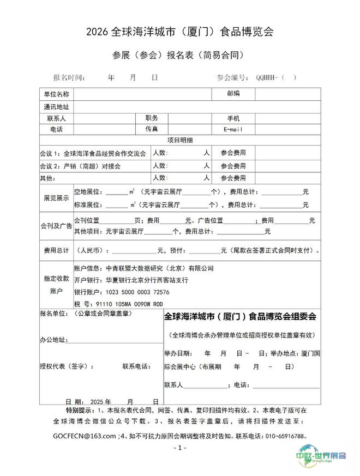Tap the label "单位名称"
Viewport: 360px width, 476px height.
pyautogui.click(x=56, y=94)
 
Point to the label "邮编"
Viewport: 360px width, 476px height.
pyautogui.click(x=233, y=94)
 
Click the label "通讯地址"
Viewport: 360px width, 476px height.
pyautogui.click(x=56, y=107)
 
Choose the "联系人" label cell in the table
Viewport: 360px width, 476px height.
pyautogui.click(x=56, y=118)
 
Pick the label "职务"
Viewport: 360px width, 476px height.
pyautogui.click(x=152, y=118)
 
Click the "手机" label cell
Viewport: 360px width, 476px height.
pyautogui.click(x=233, y=118)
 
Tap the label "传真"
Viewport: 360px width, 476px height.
pyautogui.click(x=152, y=129)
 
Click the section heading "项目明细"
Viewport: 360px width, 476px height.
pyautogui.click(x=179, y=141)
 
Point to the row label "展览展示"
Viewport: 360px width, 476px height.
pyautogui.click(x=56, y=198)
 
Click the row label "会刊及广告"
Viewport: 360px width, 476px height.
pyautogui.click(x=56, y=226)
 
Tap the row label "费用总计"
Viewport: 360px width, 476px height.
pyautogui.click(x=56, y=250)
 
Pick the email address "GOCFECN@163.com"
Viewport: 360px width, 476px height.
pyautogui.click(x=85, y=436)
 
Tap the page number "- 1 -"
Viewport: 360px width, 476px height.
pyautogui.click(x=179, y=448)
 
